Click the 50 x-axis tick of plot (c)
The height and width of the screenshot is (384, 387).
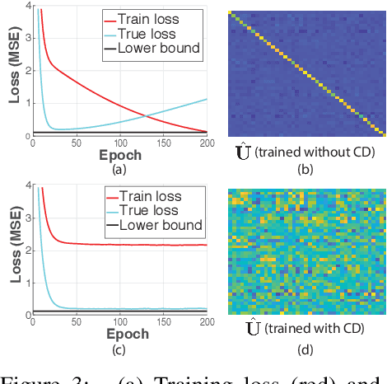76,322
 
